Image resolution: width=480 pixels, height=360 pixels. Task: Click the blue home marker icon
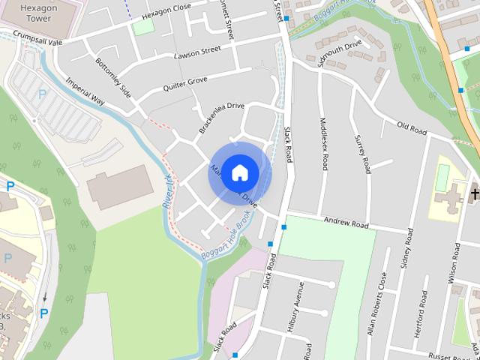click(x=239, y=172)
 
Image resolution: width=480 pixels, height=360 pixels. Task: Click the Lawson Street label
click(x=196, y=52)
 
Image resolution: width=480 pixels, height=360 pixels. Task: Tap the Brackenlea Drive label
click(x=223, y=118)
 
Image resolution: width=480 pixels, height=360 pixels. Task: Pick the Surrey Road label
click(x=362, y=154)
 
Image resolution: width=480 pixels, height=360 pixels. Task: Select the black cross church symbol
click(x=473, y=195)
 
